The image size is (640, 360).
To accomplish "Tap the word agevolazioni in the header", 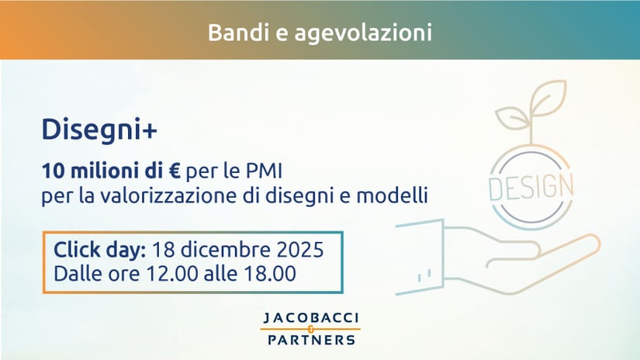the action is [363, 33].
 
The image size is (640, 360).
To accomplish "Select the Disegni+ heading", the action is [99, 130].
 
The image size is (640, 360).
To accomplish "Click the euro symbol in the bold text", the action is [175, 171].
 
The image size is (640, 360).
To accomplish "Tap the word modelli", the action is [393, 195].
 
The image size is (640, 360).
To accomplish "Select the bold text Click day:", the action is [99, 250].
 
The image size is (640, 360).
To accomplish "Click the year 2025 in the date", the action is [300, 250].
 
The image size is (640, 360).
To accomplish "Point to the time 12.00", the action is [172, 273].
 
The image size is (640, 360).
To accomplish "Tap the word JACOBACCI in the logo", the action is [310, 318].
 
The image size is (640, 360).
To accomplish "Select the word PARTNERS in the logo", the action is [311, 340].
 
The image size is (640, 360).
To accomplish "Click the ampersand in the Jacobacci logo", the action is [310, 329].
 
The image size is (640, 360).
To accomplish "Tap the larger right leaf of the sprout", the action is [548, 98].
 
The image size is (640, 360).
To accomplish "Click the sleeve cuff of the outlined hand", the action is [420, 257].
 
